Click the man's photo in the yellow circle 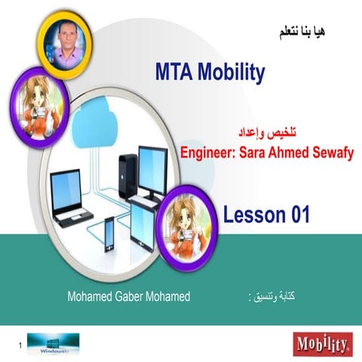62,38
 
